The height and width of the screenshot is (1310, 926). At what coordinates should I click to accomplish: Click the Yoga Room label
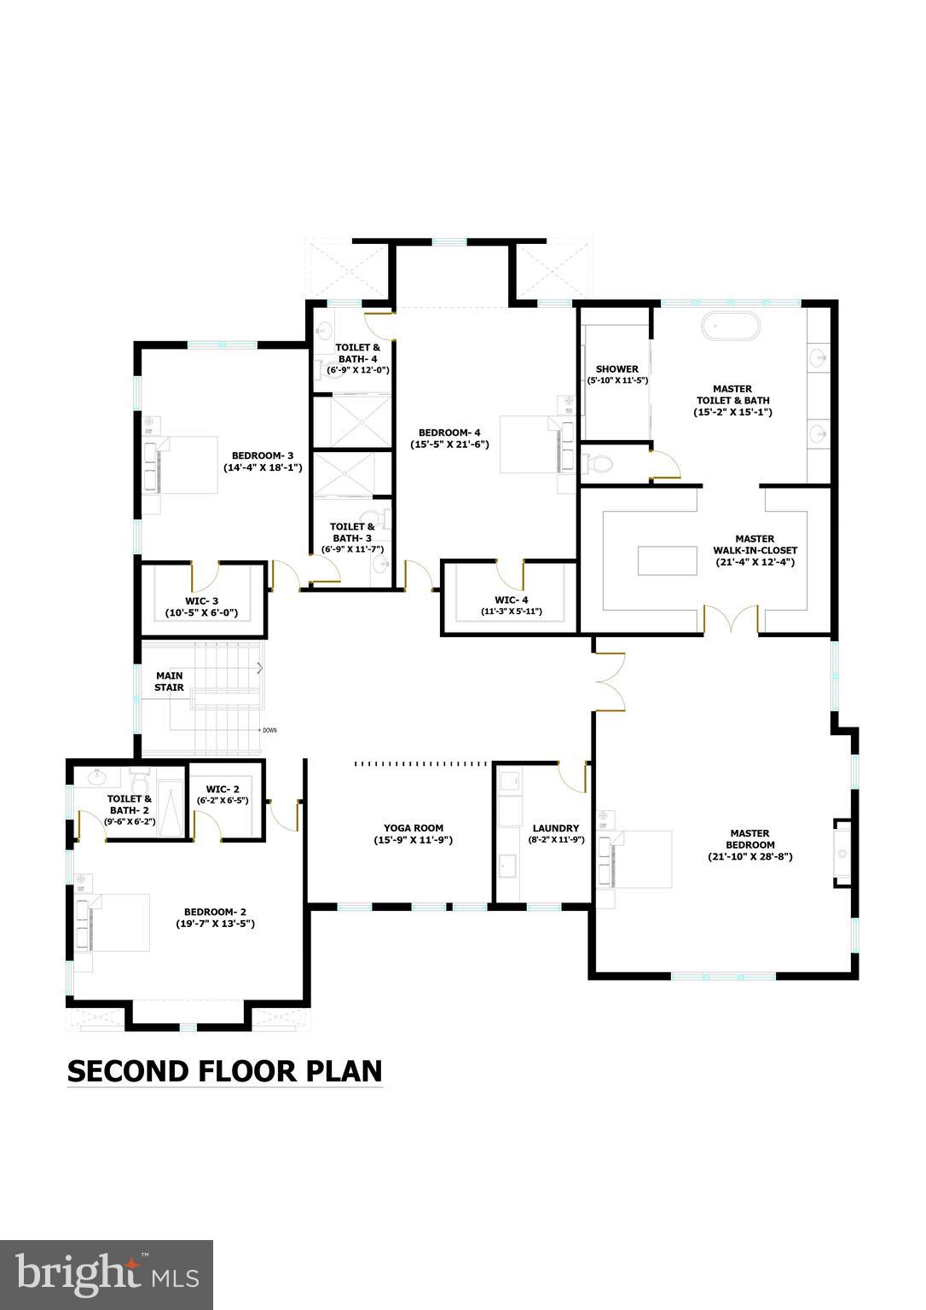pyautogui.click(x=414, y=827)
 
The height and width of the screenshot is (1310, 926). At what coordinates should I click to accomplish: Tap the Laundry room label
pyautogui.click(x=555, y=827)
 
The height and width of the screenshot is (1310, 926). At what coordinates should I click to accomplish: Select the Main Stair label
pyautogui.click(x=168, y=681)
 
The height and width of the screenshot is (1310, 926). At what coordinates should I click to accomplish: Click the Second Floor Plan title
pyautogui.click(x=225, y=1071)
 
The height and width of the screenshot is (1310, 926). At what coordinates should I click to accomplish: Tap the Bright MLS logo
pyautogui.click(x=107, y=1274)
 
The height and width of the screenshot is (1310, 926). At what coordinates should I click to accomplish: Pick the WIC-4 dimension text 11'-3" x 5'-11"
pyautogui.click(x=512, y=612)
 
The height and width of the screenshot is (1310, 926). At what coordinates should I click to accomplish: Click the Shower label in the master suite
pyautogui.click(x=617, y=369)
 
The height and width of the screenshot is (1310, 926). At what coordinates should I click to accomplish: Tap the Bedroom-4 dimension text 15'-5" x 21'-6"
pyautogui.click(x=449, y=444)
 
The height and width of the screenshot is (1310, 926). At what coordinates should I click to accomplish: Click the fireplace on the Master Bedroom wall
pyautogui.click(x=843, y=853)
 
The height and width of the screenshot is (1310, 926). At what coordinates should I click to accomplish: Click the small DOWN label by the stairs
pyautogui.click(x=269, y=730)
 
